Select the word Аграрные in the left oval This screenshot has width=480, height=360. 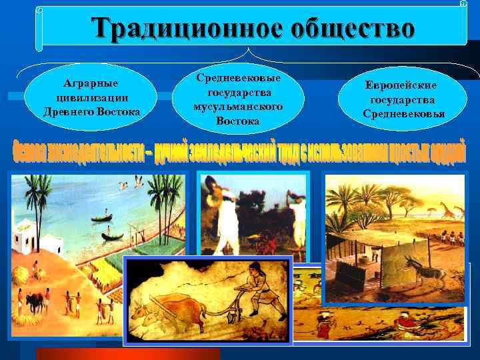pyautogui.click(x=91, y=83)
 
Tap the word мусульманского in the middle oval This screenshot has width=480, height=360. pyautogui.click(x=237, y=107)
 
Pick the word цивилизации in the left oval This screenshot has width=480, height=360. pyautogui.click(x=91, y=97)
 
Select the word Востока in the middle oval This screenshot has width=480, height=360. pyautogui.click(x=237, y=121)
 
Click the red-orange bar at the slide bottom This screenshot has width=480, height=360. pyautogui.click(x=127, y=354)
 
